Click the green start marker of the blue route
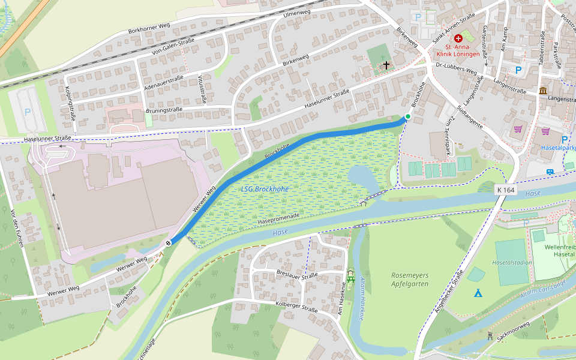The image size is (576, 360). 408,116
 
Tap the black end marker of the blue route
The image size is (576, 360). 169,242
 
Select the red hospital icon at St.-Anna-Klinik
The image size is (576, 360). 458,38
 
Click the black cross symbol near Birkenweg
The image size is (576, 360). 386,64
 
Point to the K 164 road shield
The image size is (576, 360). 506,190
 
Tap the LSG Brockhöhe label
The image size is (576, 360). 265,188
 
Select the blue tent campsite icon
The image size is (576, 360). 478,293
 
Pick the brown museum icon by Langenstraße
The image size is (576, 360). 543,91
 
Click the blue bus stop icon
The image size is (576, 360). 550,172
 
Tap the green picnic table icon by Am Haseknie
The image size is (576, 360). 351,277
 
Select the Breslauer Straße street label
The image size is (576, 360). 297,276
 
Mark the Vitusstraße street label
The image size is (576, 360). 202,89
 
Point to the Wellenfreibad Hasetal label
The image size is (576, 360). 559,251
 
